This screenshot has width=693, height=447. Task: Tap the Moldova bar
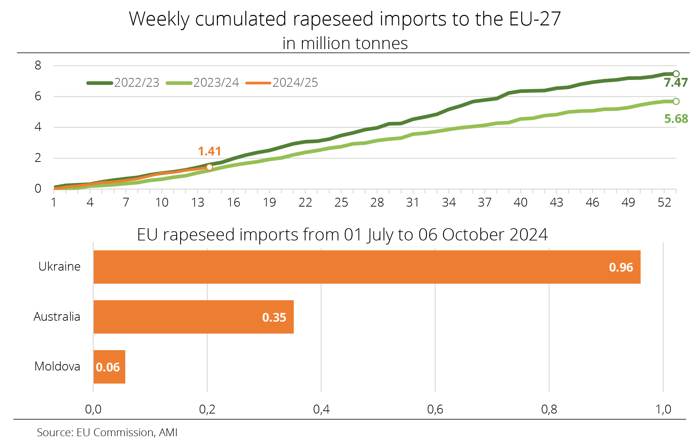point(109,367)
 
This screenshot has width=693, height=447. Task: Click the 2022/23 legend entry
point(123,83)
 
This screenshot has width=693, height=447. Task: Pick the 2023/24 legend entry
point(203,83)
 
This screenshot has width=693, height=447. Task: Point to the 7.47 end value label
point(676,83)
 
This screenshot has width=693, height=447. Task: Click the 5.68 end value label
point(676,119)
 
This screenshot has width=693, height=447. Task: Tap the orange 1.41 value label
point(209,151)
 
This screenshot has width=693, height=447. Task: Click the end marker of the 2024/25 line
point(209,167)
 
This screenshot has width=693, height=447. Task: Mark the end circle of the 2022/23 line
point(676,74)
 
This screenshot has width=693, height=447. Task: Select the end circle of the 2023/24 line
point(676,101)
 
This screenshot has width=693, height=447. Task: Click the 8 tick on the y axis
point(38,65)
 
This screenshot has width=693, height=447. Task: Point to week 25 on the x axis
point(341,203)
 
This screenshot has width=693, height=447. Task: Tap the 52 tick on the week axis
point(664,203)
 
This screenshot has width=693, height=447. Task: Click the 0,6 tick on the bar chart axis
point(435,409)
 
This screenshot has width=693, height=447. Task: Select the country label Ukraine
point(60,267)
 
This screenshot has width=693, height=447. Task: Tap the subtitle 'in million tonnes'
point(345,43)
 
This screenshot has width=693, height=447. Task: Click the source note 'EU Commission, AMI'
point(127,432)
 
